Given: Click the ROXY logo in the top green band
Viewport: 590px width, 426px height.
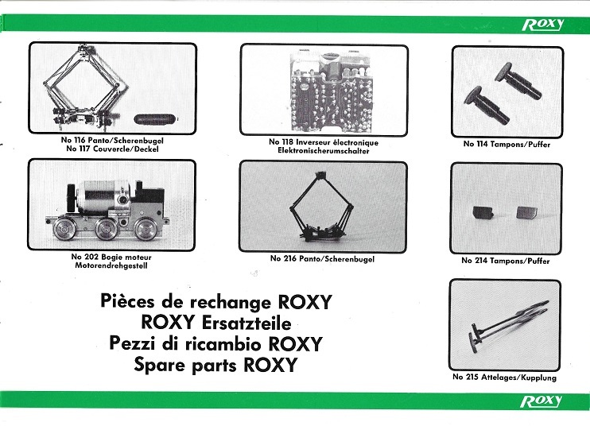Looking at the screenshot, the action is pos(543,25).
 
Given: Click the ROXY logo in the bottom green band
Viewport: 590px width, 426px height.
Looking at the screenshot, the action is pos(541,401).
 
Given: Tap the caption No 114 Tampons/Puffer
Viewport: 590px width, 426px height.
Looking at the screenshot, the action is pos(507,144).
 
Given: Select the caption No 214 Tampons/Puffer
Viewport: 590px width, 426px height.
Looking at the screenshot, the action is pos(506,261).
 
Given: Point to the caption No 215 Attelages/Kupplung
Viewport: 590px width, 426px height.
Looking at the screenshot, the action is pos(504,377).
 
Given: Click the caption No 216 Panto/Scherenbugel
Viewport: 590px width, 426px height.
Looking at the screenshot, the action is pos(322,258).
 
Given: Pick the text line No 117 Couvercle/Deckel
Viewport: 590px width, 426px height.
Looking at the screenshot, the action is pos(112,149).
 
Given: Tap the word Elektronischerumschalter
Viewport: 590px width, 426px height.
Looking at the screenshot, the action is pos(323,151).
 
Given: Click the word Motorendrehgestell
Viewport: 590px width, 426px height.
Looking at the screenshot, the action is pos(111,265).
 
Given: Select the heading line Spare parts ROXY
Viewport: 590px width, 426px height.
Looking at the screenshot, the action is pos(215,365).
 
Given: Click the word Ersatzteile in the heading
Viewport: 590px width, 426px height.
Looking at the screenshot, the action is pos(246,323).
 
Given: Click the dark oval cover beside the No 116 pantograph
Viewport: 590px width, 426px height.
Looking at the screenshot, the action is pos(154,119).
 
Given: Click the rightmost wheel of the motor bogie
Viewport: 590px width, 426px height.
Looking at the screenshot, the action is pos(146,229).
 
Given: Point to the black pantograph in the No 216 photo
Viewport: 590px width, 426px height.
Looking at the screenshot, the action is pos(322,206).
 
